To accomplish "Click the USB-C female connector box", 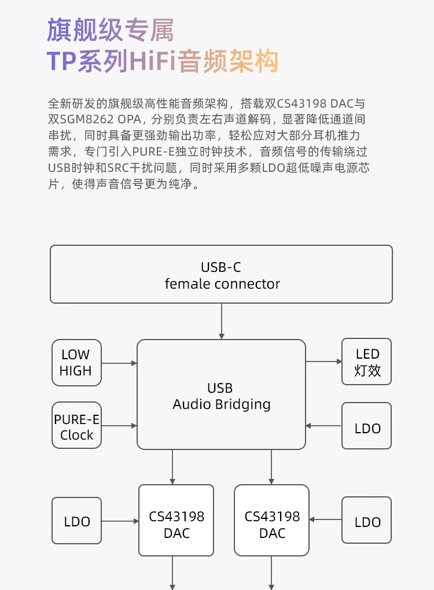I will [x=221, y=274].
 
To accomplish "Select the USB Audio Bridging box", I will [x=221, y=394].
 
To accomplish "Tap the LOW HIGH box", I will [x=76, y=363].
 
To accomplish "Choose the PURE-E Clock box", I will [x=76, y=425].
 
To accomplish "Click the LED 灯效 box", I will [x=367, y=362].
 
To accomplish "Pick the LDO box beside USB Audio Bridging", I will [x=367, y=426].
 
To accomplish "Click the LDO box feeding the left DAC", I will [x=76, y=521].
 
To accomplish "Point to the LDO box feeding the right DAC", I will [x=367, y=521].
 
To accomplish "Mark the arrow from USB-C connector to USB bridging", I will [x=222, y=321].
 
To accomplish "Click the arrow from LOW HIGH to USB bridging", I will [x=119, y=363].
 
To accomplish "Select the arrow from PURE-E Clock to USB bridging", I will [x=119, y=426].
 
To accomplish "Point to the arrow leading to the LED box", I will [x=323, y=362].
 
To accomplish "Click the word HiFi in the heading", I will [x=153, y=61].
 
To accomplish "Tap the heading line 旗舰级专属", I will [x=110, y=30].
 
